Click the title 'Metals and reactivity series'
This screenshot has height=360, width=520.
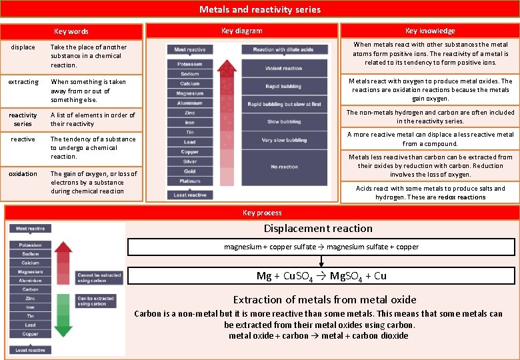pyautogui.click(x=260, y=9)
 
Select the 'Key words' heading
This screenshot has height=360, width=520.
pyautogui.click(x=71, y=31)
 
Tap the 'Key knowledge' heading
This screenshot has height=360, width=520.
pyautogui.click(x=430, y=31)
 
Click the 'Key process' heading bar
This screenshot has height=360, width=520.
pyautogui.click(x=262, y=213)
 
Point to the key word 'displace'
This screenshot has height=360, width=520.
pyautogui.click(x=23, y=47)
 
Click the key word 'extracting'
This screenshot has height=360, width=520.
pyautogui.click(x=23, y=82)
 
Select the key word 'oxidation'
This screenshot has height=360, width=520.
pyautogui.click(x=23, y=174)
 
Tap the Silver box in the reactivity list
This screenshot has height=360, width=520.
pyautogui.click(x=190, y=161)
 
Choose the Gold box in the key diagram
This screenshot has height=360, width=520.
pyautogui.click(x=190, y=171)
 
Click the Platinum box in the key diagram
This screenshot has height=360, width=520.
pyautogui.click(x=190, y=181)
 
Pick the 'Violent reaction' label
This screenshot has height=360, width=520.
pyautogui.click(x=284, y=68)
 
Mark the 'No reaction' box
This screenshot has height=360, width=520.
pyautogui.click(x=284, y=167)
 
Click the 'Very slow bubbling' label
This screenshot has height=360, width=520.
pyautogui.click(x=284, y=140)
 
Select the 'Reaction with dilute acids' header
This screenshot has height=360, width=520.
pyautogui.click(x=284, y=50)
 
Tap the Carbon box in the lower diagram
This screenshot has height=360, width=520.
pyautogui.click(x=31, y=289)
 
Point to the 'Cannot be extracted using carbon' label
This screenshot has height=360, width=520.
pyautogui.click(x=99, y=277)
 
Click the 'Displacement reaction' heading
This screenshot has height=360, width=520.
pyautogui.click(x=318, y=228)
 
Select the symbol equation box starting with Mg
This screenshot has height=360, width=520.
pyautogui.click(x=321, y=275)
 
